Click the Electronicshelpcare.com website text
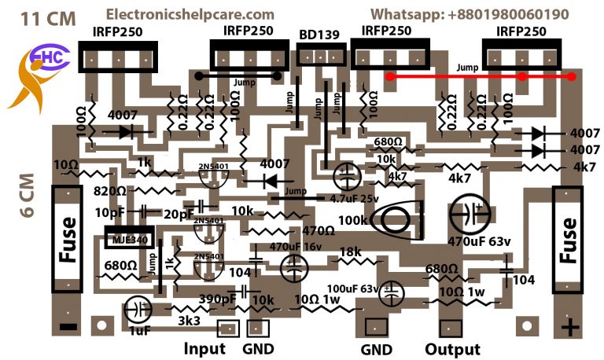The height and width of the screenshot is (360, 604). (x=190, y=14)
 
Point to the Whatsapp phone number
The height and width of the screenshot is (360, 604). (x=470, y=14)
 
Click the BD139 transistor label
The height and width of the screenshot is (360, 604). (x=320, y=35)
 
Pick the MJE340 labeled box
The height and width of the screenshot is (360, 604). (x=127, y=237)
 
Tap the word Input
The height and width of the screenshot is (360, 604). (x=204, y=349)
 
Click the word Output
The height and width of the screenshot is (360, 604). (x=452, y=349)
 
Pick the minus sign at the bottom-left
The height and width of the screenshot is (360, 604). (x=69, y=325)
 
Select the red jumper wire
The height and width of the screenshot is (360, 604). (x=481, y=76)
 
